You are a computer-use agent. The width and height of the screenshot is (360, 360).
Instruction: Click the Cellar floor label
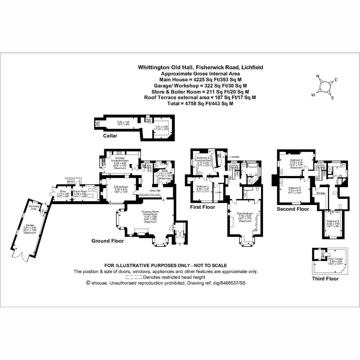pos(110,136)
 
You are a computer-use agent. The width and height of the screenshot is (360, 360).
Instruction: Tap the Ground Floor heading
pos(107,241)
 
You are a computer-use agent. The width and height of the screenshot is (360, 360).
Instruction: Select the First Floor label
pos(202,207)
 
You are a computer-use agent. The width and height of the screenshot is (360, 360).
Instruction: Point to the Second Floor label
pos(293,209)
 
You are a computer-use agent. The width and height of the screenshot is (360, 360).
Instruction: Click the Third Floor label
pos(325,279)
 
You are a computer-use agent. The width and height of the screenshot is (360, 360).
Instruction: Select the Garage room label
pos(30,225)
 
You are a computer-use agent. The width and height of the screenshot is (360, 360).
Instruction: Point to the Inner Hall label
pos(154,190)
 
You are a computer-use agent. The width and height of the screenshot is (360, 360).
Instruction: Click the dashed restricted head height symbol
pos(134,277)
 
